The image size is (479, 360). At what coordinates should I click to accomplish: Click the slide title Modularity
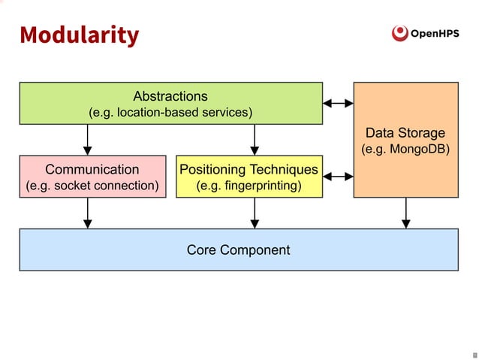(x=79, y=35)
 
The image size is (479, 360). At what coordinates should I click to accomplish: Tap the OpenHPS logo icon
(x=400, y=33)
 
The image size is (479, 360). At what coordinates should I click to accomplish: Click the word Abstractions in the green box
(x=170, y=96)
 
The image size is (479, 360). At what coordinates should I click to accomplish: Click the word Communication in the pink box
(x=92, y=169)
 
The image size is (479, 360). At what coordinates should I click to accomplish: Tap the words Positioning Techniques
(x=249, y=169)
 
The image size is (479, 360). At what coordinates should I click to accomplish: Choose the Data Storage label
(x=405, y=133)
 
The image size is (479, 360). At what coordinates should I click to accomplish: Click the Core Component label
(x=238, y=250)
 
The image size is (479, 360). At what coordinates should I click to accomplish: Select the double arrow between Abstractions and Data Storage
(x=338, y=103)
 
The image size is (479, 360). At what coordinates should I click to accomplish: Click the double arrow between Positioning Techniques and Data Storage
(x=338, y=177)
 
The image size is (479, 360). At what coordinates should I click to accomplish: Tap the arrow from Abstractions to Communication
(x=88, y=139)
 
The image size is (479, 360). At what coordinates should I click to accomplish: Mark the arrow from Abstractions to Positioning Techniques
(x=255, y=139)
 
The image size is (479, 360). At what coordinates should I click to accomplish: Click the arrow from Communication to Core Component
(x=88, y=213)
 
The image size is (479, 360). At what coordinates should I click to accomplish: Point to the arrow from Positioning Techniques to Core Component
(x=255, y=213)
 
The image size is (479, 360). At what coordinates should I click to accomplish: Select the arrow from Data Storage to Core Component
(x=406, y=213)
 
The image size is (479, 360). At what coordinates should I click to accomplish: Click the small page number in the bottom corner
(x=474, y=354)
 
